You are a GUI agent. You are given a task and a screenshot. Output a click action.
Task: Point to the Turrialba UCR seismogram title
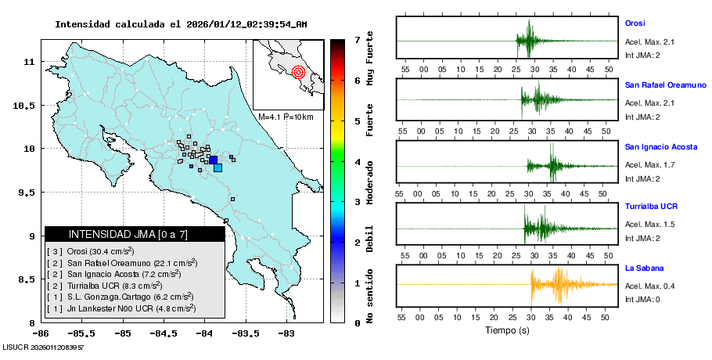coord(651,207)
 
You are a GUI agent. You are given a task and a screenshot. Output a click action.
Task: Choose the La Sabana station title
coord(641,268)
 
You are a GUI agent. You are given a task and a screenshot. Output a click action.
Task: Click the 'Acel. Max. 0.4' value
coord(649,286)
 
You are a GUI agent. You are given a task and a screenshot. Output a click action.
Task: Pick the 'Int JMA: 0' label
coord(642,300)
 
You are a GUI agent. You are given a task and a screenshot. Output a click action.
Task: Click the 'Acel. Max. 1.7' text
coord(649,165)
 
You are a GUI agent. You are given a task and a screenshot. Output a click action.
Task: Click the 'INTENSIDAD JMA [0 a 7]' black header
coord(135,234)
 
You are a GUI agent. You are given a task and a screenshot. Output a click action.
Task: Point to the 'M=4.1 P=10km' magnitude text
coord(286,117)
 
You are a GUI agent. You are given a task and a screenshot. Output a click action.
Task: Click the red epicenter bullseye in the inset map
coord(297,73)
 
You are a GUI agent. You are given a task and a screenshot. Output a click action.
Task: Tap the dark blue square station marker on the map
coord(213,160)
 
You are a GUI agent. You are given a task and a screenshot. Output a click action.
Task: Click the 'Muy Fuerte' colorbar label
coord(369,59)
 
